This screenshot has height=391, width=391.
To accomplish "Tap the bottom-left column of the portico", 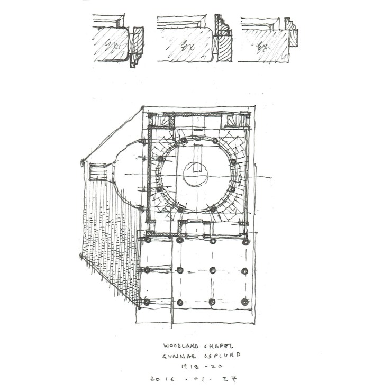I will click(147, 303).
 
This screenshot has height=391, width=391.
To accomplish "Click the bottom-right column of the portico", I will click(245, 303).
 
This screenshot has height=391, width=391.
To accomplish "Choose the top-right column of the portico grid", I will click(245, 241).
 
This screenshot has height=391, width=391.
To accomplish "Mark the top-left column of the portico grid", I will click(147, 239).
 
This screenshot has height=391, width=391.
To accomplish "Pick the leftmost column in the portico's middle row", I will click(147, 270).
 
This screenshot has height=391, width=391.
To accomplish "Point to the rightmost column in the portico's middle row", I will click(245, 270).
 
